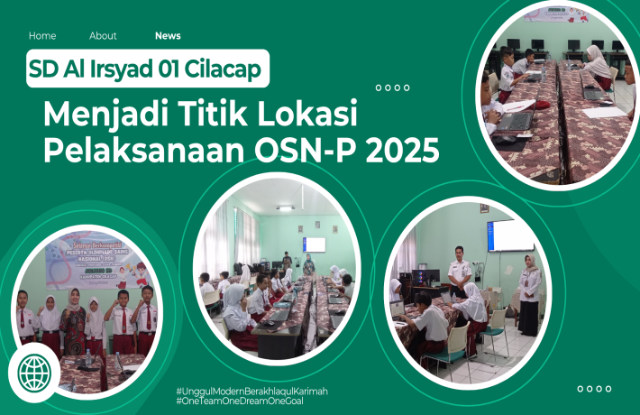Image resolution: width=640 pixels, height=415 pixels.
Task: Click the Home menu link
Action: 42,36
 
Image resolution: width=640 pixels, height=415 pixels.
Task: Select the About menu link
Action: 103,36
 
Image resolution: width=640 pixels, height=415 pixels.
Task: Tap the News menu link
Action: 168,36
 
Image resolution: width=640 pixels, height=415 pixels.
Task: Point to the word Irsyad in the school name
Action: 127,69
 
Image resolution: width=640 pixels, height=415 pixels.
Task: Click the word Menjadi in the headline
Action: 100,116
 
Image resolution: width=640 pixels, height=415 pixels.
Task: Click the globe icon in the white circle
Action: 34,372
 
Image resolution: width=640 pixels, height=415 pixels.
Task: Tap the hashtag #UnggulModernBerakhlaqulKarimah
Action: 251,391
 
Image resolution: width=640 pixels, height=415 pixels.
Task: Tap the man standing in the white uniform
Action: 460,271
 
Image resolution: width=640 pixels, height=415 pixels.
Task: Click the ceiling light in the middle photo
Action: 285,208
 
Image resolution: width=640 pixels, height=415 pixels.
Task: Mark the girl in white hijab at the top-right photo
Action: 598,66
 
